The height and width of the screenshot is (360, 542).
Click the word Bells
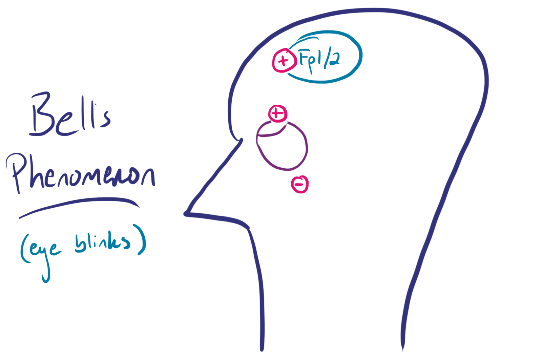click(70, 114)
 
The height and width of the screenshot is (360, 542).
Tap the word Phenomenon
click(80, 173)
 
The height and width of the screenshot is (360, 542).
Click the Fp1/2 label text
click(319, 60)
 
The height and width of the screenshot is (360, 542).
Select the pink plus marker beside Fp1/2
click(284, 61)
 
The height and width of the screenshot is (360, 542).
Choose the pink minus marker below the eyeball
click(300, 184)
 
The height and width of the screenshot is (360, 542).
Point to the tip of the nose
click(185, 214)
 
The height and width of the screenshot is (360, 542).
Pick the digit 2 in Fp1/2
click(334, 60)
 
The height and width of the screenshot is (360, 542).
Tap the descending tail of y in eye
click(46, 273)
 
